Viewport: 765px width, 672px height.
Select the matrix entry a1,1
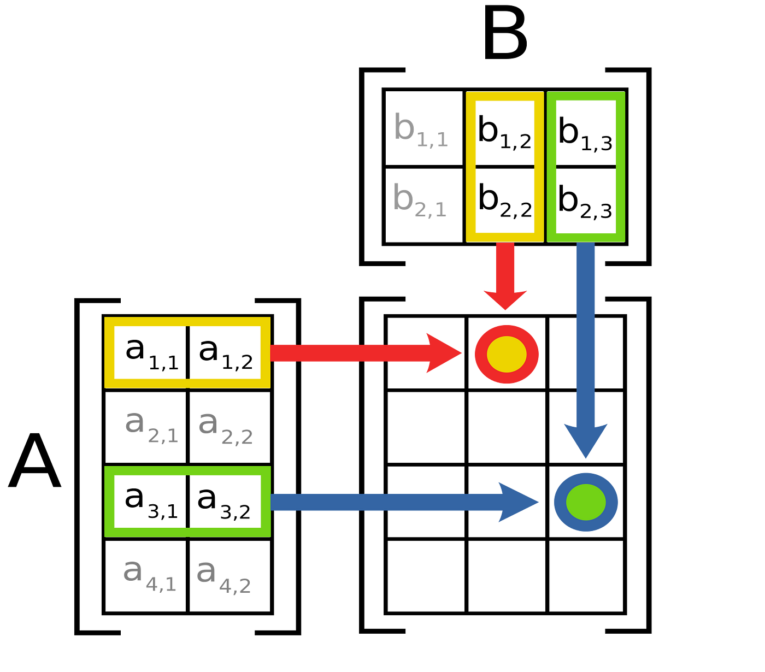(152, 353)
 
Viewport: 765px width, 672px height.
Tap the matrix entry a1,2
(226, 353)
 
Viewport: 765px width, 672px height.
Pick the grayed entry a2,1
(151, 427)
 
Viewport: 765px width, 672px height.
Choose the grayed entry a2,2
(226, 427)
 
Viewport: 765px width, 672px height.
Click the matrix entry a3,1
(151, 503)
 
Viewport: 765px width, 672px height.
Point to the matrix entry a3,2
(224, 503)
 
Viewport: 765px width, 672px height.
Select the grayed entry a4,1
(150, 576)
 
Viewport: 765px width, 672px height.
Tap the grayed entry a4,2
(223, 576)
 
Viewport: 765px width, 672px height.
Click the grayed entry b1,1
(421, 129)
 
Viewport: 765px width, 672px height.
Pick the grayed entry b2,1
(420, 200)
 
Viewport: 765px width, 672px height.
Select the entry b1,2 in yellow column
(504, 132)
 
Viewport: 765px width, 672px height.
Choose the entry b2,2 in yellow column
(505, 201)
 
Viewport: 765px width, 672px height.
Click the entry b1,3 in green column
(585, 133)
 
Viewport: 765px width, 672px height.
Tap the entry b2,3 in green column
(585, 202)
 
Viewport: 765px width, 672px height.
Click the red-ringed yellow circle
(507, 354)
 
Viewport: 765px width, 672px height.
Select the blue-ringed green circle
(586, 502)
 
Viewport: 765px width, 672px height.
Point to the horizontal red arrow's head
(444, 353)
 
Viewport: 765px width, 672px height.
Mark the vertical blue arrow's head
(586, 441)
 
